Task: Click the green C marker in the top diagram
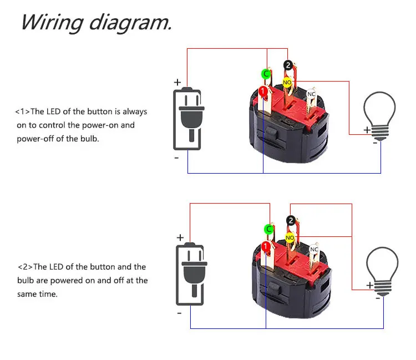[266, 74]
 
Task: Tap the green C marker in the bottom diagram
[268, 229]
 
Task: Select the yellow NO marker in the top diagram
[287, 83]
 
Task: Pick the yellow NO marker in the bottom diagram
[290, 237]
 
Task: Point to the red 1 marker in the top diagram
[263, 90]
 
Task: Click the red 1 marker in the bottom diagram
[265, 245]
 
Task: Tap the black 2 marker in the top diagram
[287, 65]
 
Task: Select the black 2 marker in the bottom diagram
[290, 221]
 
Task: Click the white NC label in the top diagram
[311, 94]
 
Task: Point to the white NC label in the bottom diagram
[314, 249]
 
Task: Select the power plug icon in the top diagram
[187, 119]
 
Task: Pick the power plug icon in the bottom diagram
[190, 274]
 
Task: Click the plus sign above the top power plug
[177, 82]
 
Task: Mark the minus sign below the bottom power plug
[179, 313]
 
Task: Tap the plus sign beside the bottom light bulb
[369, 285]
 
